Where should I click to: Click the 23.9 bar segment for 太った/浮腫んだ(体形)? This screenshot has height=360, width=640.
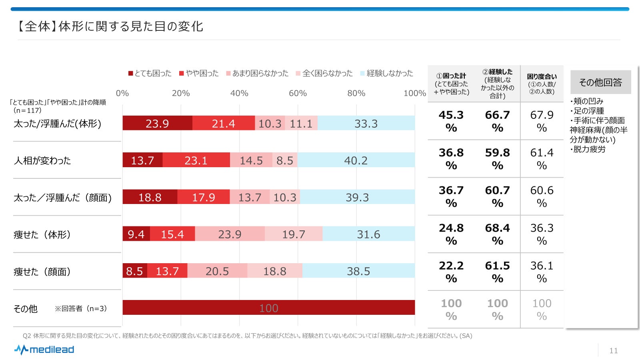157,123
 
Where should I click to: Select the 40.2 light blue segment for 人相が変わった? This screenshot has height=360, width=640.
356,160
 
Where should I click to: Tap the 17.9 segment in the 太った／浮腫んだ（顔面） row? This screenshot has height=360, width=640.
203,197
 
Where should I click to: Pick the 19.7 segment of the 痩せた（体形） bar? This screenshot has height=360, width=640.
294,234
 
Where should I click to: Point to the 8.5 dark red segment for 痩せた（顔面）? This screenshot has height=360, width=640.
135,271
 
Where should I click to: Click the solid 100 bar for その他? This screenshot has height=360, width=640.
268,308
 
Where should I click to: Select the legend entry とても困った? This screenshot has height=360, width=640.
150,73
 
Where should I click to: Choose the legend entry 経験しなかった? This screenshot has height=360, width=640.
386,73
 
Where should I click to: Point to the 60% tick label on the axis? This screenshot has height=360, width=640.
298,93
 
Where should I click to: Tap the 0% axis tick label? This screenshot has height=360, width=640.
122,93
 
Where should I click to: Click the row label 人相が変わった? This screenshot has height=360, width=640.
42,160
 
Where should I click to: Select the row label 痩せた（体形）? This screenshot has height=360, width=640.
42,234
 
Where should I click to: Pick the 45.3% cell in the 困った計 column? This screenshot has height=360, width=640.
451,121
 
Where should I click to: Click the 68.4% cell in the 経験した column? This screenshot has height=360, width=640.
497,234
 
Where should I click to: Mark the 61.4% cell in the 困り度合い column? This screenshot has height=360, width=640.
542,158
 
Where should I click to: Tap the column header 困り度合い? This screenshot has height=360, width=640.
542,84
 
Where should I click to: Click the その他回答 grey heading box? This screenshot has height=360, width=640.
600,82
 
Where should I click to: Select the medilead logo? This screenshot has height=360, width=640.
44,350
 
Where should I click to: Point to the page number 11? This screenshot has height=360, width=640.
614,351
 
